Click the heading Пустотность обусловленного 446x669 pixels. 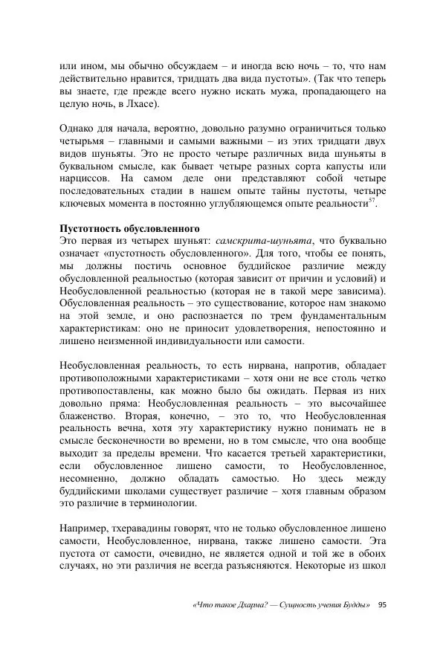130,227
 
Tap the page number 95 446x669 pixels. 382,604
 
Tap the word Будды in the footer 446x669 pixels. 355,604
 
